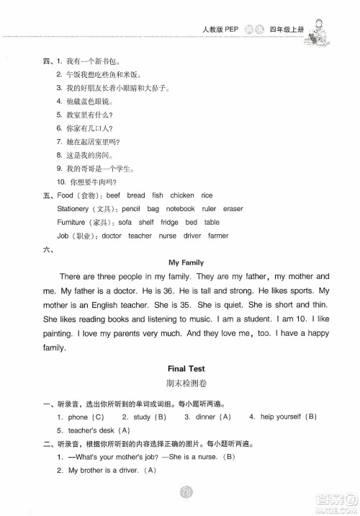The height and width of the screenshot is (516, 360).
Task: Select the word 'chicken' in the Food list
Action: (x=182, y=195)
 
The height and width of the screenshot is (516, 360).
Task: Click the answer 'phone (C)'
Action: (x=87, y=417)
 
